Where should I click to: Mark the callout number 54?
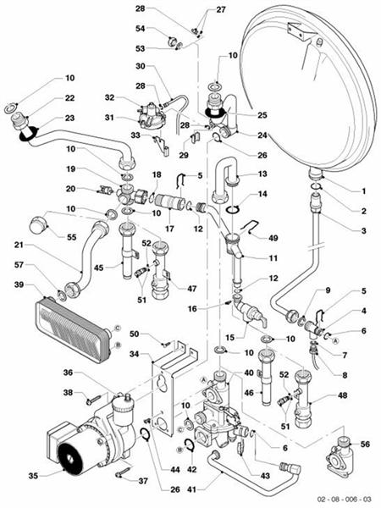tap(141, 29)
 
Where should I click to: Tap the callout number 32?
tap(109, 98)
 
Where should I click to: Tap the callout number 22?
tap(69, 98)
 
